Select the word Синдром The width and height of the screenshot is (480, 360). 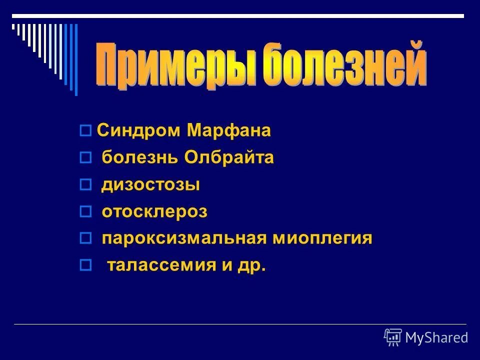140,131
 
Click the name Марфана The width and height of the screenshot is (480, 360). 229,131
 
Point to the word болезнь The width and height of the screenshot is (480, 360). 140,158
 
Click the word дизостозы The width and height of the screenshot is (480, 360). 151,185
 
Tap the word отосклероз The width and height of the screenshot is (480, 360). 154,212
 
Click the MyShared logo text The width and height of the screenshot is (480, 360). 436,338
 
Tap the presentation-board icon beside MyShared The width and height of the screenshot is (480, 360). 393,337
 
